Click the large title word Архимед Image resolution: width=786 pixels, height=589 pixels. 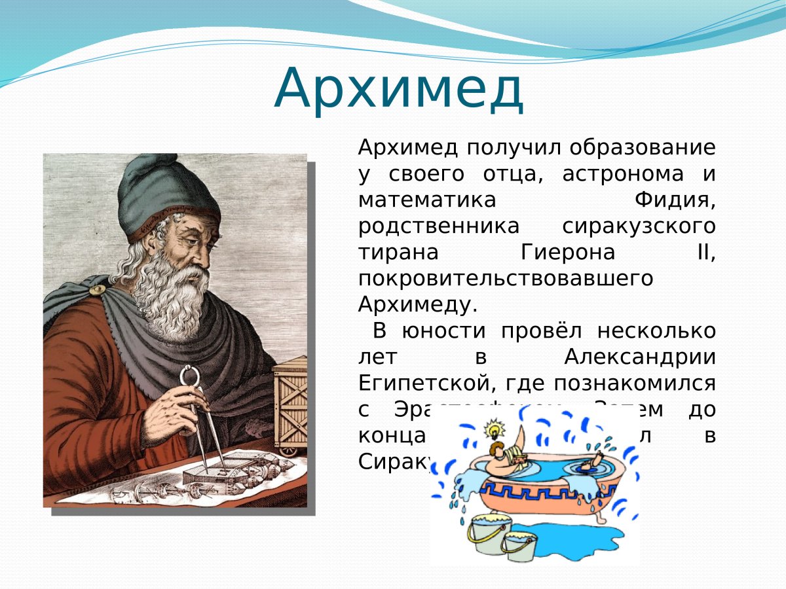(399, 89)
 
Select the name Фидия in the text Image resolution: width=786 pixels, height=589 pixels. (675, 200)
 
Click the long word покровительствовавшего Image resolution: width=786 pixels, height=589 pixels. (506, 278)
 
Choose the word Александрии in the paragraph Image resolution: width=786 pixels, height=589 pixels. (639, 357)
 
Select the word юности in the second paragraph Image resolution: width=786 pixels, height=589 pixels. (438, 331)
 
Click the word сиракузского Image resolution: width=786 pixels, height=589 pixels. (639, 226)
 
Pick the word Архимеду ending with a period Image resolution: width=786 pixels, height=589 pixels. (418, 304)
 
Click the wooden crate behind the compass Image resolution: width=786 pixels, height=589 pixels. (290, 406)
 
